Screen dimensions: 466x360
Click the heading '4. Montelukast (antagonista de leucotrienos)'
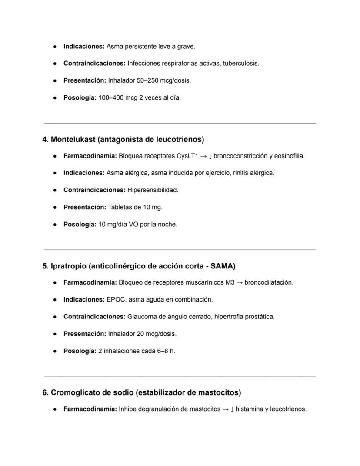(123, 139)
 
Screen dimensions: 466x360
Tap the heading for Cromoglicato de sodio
(141, 392)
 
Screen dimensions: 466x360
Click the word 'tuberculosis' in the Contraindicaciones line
(240, 63)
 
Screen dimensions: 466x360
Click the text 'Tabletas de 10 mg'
(135, 207)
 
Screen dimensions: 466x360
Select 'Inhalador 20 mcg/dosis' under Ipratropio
(142, 334)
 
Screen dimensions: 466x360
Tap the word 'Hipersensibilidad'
(152, 190)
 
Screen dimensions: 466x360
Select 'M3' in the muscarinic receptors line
(230, 282)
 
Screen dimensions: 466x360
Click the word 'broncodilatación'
(269, 282)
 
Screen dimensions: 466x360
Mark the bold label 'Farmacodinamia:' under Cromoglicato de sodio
(90, 409)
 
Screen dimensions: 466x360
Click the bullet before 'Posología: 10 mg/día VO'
(55, 225)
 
